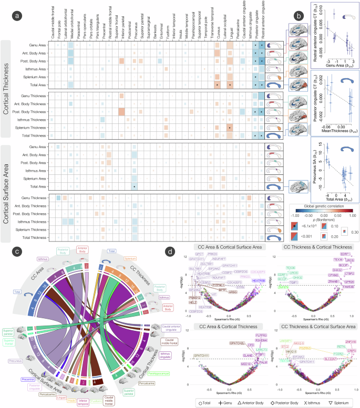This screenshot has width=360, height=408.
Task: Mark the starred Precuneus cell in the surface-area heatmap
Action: tap(135, 186)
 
